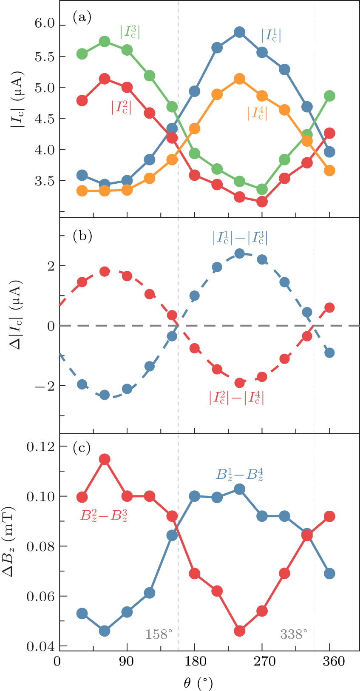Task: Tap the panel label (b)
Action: tap(82, 236)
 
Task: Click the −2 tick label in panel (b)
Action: tap(43, 386)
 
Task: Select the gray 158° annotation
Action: tap(159, 634)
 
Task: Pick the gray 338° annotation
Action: tap(293, 634)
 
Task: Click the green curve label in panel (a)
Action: tap(130, 31)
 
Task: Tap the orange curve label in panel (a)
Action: tap(257, 113)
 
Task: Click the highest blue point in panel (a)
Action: tap(239, 32)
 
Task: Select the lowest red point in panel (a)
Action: tap(262, 202)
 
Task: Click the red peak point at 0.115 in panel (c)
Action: tap(105, 459)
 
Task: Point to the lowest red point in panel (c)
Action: tap(239, 631)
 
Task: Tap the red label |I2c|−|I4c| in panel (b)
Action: tap(236, 398)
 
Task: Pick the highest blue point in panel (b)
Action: tap(239, 253)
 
